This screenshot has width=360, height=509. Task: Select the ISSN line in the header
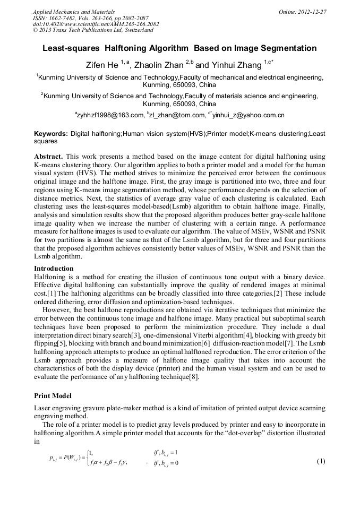91,18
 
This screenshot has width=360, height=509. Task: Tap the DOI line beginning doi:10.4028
96,24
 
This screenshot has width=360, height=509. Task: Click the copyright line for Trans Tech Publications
93,30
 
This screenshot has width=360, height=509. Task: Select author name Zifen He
102,65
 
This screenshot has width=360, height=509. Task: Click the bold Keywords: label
51,134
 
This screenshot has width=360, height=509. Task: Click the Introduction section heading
54,269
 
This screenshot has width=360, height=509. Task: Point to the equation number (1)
321,461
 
